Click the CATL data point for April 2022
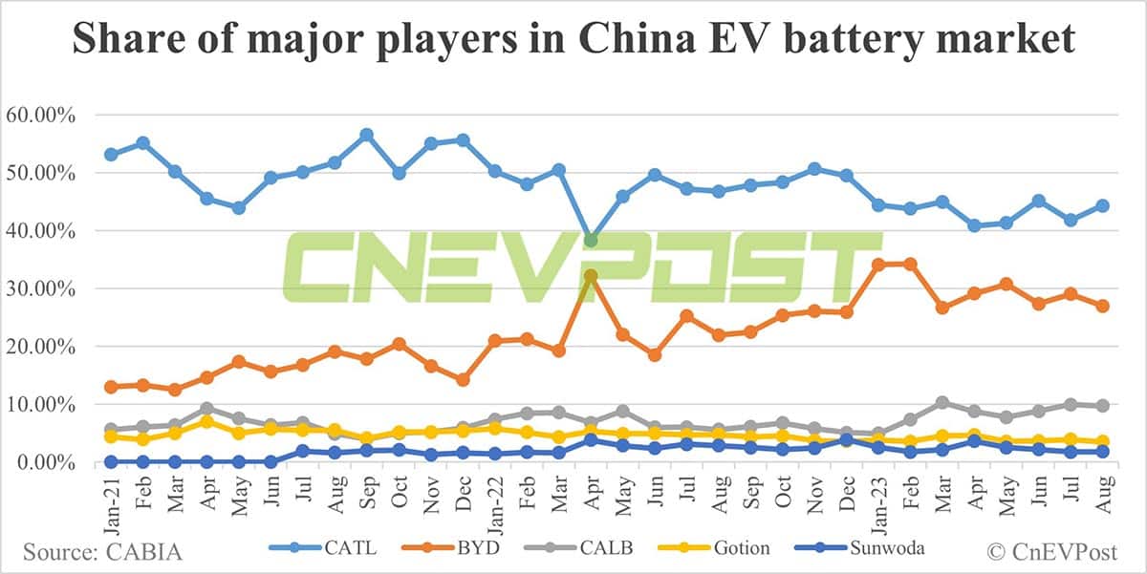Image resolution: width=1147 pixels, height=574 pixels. [592, 240]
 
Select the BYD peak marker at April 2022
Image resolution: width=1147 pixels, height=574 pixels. [592, 275]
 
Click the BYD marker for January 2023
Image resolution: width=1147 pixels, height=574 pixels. [878, 265]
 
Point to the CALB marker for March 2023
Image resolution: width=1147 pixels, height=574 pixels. [942, 402]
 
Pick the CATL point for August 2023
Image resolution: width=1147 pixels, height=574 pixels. [1102, 205]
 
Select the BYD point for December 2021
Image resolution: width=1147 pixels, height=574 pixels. [463, 379]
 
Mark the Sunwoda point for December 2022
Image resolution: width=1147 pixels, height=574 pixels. [846, 440]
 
